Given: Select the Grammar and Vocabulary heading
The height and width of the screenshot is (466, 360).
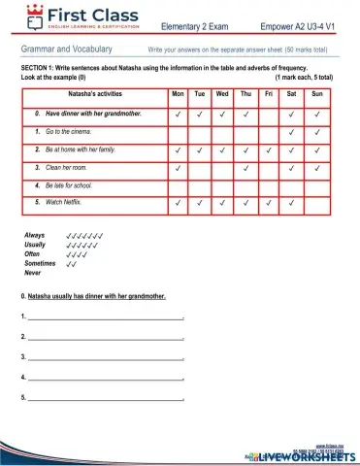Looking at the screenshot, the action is (64, 48).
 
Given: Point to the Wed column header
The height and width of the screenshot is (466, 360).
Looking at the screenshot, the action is (222, 94).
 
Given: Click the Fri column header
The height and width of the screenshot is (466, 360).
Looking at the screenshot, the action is (268, 94).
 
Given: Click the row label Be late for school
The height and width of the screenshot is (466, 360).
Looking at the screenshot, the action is (73, 184).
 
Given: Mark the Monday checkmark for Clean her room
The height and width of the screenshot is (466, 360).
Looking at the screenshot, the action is (178, 167).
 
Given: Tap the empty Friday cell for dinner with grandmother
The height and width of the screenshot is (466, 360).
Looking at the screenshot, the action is (268, 114).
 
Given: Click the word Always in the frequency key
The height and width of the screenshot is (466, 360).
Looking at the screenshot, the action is (35, 236).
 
